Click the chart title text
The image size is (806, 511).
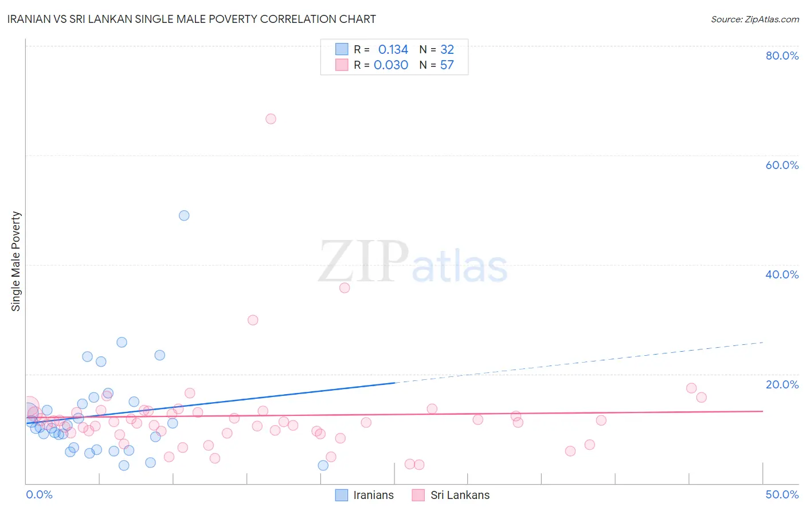pos(191,19)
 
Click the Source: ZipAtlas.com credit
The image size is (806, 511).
pos(754,19)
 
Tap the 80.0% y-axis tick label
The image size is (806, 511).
pos(782,56)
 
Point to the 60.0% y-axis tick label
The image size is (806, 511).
pos(782,165)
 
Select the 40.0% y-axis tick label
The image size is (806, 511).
pos(782,274)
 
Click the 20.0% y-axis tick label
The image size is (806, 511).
pos(782,384)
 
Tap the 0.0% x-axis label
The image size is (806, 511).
pos(39,494)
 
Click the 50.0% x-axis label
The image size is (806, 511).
pos(782,494)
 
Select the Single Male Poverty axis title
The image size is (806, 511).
pos(16,261)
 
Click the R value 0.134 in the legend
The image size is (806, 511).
pos(393,50)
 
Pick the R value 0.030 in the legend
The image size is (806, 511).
pos(391,65)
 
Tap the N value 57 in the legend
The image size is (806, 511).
pos(447,65)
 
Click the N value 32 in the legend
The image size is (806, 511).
pos(447,50)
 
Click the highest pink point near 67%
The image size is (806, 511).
pos(271,119)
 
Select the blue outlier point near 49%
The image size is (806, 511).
pos(184,215)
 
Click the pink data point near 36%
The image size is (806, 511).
pos(345,288)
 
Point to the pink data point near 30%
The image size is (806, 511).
pos(253,320)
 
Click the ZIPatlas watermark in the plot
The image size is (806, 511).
pos(413,262)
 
